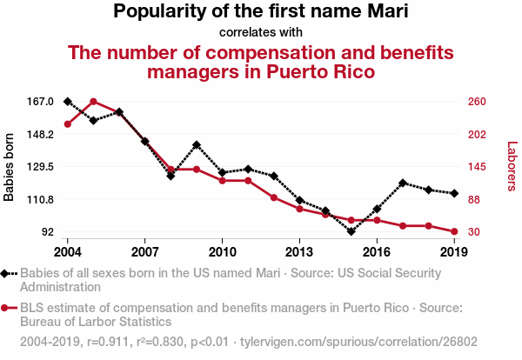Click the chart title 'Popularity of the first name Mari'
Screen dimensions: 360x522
pyautogui.click(x=261, y=12)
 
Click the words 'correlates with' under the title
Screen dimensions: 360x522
pyautogui.click(x=261, y=33)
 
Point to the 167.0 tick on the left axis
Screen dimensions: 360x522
pyautogui.click(x=41, y=102)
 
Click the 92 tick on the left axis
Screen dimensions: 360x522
pyautogui.click(x=46, y=232)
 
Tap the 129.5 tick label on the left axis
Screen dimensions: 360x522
pyautogui.click(x=41, y=167)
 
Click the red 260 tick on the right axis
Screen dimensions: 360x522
pyautogui.click(x=476, y=102)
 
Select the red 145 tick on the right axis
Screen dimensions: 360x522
pyautogui.click(x=476, y=167)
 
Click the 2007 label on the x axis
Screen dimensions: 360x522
pyautogui.click(x=144, y=252)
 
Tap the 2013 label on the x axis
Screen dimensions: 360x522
pyautogui.click(x=299, y=252)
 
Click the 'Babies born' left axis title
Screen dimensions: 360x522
pyautogui.click(x=10, y=167)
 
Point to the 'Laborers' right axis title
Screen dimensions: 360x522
pyautogui.click(x=512, y=167)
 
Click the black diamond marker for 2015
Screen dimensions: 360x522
pyautogui.click(x=351, y=231)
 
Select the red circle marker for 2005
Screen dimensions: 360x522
pyautogui.click(x=93, y=102)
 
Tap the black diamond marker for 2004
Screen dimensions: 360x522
pyautogui.click(x=68, y=102)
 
